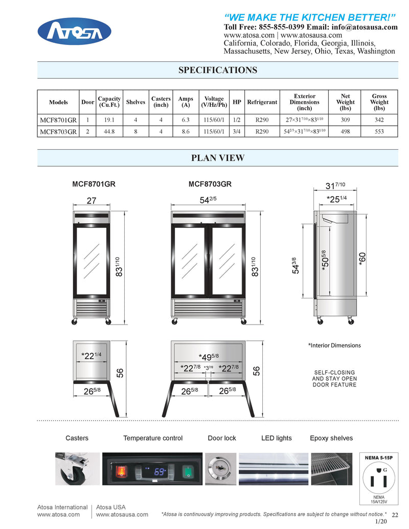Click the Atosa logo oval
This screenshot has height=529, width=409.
(75, 31)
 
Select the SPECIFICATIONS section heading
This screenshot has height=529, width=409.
(217, 71)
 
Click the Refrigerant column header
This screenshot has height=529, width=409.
(262, 102)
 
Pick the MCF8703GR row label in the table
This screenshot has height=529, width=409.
(58, 131)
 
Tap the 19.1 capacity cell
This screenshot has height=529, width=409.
(109, 120)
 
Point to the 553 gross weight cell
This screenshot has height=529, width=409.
(379, 131)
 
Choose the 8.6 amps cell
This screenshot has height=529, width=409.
(186, 131)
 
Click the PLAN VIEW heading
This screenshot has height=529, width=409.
(217, 158)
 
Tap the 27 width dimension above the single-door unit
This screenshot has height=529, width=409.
(92, 201)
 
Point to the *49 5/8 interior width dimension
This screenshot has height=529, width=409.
(210, 356)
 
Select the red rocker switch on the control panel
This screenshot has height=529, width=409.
(122, 470)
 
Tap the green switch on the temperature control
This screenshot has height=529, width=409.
(188, 470)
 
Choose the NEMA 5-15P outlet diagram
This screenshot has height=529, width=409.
(379, 478)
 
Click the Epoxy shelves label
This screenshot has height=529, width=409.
(331, 438)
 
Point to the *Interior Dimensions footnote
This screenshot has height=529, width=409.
(334, 346)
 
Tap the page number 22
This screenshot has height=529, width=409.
(394, 515)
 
